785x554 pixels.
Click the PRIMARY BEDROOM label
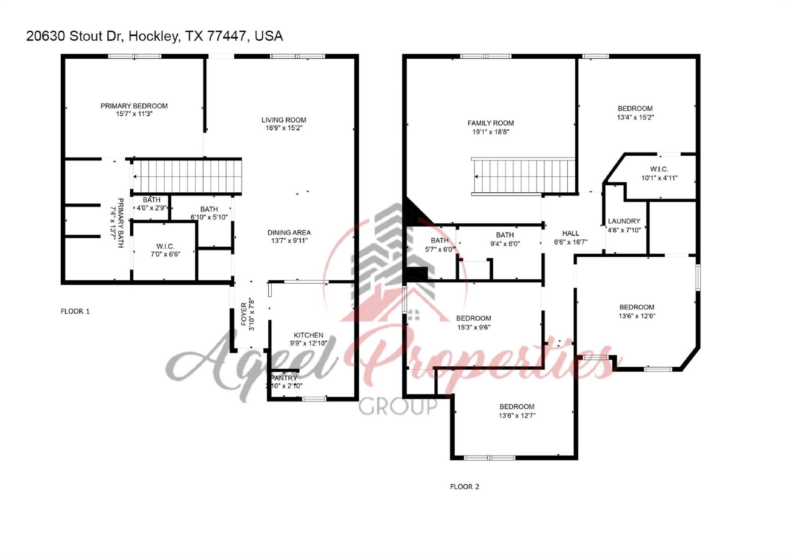(x=134, y=106)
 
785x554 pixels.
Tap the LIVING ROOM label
(x=284, y=120)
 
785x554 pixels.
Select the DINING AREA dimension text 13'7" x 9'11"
(x=289, y=241)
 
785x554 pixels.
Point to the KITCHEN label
(x=309, y=335)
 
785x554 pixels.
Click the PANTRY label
(x=284, y=378)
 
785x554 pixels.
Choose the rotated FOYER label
(x=244, y=314)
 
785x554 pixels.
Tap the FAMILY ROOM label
(x=491, y=123)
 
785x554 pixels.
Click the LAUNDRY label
(x=624, y=221)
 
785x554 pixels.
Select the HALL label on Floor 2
(x=571, y=233)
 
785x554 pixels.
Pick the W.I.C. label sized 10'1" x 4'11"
(x=659, y=169)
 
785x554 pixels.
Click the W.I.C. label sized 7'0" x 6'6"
(x=165, y=246)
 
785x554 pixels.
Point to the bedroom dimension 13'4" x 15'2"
(x=635, y=117)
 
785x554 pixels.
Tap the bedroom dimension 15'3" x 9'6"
(x=474, y=327)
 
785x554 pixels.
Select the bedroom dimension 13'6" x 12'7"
(x=517, y=415)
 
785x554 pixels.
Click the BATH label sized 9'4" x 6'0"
(x=505, y=235)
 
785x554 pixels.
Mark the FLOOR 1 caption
(x=75, y=311)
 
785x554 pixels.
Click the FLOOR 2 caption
(x=465, y=487)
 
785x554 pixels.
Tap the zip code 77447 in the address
(x=226, y=36)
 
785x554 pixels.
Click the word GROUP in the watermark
(x=397, y=407)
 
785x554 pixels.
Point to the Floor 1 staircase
(x=187, y=176)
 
